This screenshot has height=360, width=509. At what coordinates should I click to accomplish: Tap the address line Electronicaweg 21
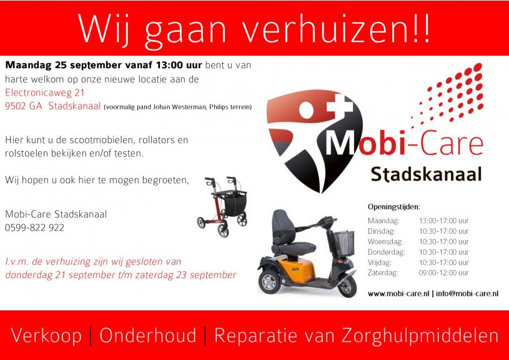click(x=45, y=93)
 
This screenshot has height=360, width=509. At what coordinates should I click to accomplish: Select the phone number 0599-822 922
click(x=34, y=227)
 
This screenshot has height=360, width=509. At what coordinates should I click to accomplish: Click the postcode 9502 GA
click(x=23, y=106)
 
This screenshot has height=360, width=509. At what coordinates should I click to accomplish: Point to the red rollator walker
click(x=222, y=207)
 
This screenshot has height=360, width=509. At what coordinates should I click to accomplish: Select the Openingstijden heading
click(x=393, y=207)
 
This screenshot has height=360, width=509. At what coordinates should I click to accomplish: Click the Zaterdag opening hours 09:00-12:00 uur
click(x=444, y=273)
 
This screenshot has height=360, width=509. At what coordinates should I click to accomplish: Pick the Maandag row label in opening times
click(x=383, y=221)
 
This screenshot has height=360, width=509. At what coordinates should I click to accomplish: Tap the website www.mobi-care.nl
click(x=398, y=294)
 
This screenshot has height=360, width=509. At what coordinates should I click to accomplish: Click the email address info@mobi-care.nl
click(x=467, y=294)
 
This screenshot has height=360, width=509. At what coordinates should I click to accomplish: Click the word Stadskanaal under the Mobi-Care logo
click(x=426, y=174)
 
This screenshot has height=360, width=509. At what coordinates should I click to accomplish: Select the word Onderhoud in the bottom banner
click(x=148, y=336)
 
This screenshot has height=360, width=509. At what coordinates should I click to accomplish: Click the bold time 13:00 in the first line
click(x=169, y=65)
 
